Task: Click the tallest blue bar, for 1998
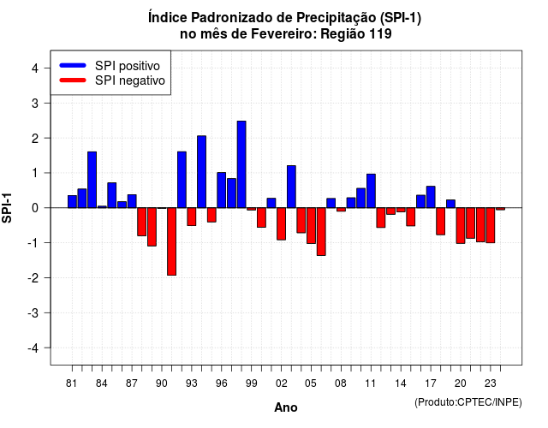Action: tap(241, 164)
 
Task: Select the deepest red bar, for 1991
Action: tap(171, 241)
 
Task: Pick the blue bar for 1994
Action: tap(202, 171)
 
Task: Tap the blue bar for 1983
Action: tap(92, 180)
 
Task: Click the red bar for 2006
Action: tap(321, 232)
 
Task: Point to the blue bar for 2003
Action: tap(291, 187)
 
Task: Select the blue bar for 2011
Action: tap(371, 191)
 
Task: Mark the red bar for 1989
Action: tap(152, 227)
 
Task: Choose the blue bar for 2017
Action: tap(431, 197)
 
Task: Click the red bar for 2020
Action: tap(461, 226)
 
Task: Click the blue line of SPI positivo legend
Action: tap(73, 65)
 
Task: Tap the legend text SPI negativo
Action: tap(130, 80)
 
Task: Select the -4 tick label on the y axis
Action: tap(33, 348)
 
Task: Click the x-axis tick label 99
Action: tap(251, 383)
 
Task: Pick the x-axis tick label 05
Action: tap(311, 383)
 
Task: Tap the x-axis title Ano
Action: tap(286, 407)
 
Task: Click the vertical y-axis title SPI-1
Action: tap(7, 208)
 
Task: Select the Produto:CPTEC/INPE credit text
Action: tap(468, 402)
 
